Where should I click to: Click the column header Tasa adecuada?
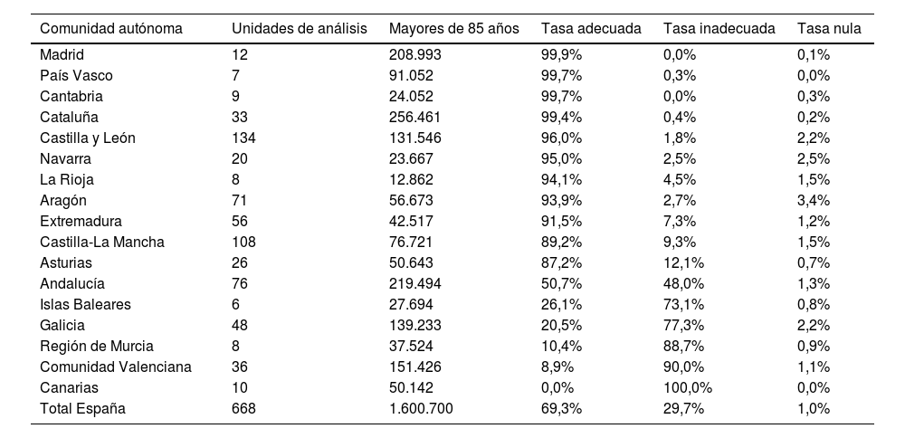590,28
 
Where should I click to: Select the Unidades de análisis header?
299,28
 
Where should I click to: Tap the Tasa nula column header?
829,28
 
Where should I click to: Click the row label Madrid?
62,55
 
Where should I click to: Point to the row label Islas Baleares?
85,305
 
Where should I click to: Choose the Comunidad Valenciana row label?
116,367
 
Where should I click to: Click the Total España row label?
82,409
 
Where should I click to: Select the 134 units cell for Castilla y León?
243,138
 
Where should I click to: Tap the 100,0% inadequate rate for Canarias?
687,388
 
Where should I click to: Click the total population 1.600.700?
421,409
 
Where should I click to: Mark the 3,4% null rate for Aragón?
813,201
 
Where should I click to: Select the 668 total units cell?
243,409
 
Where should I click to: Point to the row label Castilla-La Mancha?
102,243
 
